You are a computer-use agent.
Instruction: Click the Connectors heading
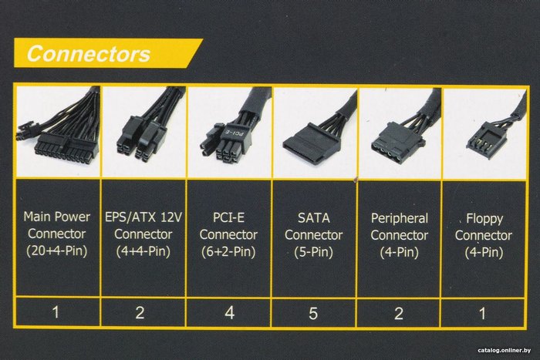pos(89,54)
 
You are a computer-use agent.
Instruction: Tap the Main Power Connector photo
pos(58,132)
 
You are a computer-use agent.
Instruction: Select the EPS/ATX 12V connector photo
pos(144,132)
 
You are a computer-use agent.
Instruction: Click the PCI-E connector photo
pos(229,132)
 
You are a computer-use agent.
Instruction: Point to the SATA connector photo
pos(315,133)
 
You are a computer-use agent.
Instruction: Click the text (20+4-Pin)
pos(57,251)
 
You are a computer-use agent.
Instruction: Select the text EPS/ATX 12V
pos(143,217)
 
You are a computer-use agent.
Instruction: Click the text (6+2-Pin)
pos(228,251)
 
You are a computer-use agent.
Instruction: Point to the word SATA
pos(314,218)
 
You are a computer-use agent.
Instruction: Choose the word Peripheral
pos(400,219)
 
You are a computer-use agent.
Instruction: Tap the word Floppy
pos(484,219)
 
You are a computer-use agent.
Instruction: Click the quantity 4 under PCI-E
pos(229,312)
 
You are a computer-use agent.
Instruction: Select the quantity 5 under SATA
pos(313,313)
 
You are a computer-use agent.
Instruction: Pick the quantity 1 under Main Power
pos(56,312)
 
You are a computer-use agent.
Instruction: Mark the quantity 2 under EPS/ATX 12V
pos(140,312)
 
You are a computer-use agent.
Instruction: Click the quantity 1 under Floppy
pos(482,314)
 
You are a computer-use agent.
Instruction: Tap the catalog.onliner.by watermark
pos(505,350)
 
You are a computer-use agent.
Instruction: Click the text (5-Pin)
pos(313,252)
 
